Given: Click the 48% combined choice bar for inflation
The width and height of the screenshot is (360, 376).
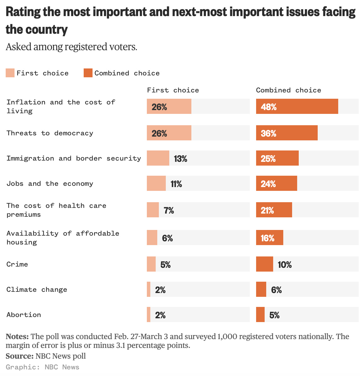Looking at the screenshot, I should (x=297, y=106).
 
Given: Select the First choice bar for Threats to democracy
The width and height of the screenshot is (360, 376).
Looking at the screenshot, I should (x=169, y=133).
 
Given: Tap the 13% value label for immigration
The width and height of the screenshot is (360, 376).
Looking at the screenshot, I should (x=180, y=159).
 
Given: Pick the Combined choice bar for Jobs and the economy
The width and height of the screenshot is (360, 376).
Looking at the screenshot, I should (x=276, y=183).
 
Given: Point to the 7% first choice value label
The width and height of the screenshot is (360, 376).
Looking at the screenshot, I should (x=169, y=210).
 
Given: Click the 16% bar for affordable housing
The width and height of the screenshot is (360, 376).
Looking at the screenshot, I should (x=269, y=238).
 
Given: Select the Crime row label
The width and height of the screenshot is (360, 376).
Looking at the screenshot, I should (x=17, y=264).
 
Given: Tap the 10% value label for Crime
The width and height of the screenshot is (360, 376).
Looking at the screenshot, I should (x=285, y=265).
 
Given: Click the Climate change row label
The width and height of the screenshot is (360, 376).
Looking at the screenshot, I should (x=37, y=290).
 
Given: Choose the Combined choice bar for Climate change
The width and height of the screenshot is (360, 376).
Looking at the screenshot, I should (x=261, y=289).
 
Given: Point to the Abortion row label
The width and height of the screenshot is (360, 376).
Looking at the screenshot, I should (x=24, y=315).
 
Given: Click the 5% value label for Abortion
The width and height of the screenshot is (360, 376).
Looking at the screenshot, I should (x=274, y=315).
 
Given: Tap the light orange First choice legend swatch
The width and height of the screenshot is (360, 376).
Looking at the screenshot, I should (x=10, y=73).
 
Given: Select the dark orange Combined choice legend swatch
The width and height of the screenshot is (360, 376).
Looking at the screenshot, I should (x=88, y=73).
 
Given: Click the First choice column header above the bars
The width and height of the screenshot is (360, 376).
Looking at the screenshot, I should (x=173, y=90).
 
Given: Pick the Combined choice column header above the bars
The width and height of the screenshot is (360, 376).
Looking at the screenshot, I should (x=288, y=90).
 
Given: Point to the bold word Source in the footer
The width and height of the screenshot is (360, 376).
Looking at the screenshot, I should (x=19, y=356).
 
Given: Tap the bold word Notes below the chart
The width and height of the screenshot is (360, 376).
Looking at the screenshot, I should (x=17, y=336).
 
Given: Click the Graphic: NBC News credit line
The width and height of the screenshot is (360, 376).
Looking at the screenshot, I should (x=43, y=367).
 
